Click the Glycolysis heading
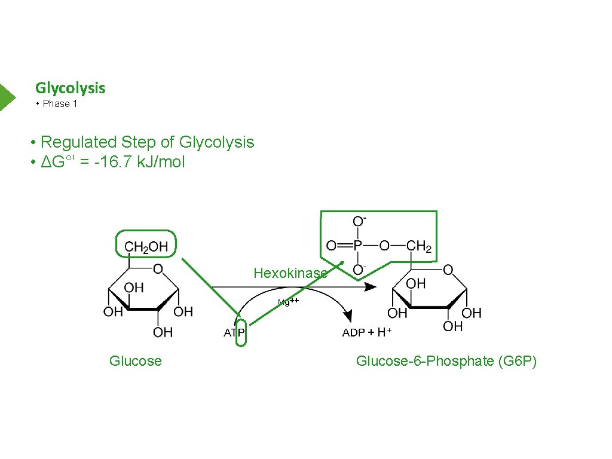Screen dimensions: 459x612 click(70, 88)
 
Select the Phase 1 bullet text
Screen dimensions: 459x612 click(60, 104)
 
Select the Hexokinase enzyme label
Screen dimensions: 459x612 click(290, 273)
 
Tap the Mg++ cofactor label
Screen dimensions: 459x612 click(288, 302)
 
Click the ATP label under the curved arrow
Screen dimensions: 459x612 click(234, 333)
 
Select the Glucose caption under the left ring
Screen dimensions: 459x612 click(135, 361)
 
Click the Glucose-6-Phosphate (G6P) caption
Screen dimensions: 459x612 click(446, 361)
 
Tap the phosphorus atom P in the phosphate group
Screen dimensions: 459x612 click(357, 246)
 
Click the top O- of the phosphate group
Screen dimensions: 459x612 click(359, 221)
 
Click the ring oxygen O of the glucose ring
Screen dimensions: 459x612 click(158, 270)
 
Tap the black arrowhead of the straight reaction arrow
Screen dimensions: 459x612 click(371, 287)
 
